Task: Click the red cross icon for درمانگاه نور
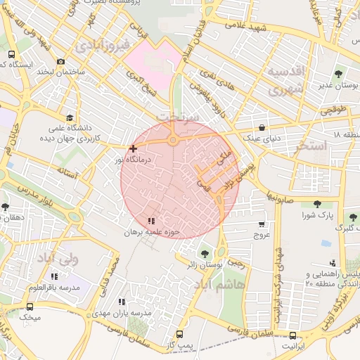(133, 148)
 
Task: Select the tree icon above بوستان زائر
(205, 254)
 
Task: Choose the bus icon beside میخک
(30, 307)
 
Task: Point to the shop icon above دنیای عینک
(262, 128)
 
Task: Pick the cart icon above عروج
(262, 224)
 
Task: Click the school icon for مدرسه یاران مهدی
(121, 302)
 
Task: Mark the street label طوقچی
(335, 110)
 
